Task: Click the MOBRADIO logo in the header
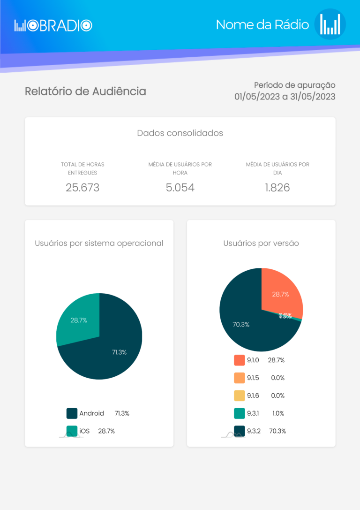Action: [x=53, y=25]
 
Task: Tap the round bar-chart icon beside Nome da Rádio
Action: [x=330, y=24]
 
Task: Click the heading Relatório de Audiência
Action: [x=85, y=91]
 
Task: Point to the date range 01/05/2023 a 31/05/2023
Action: [x=285, y=97]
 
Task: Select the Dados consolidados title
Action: [x=180, y=133]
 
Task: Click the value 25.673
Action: [x=82, y=188]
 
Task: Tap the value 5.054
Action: [x=180, y=188]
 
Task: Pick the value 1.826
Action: [x=277, y=188]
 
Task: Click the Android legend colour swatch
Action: [x=72, y=413]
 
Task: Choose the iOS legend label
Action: [x=84, y=431]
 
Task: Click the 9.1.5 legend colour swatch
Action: [x=240, y=378]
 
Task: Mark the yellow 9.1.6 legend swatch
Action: [x=240, y=396]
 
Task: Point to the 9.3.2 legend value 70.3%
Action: [x=277, y=431]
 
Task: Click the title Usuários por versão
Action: [x=261, y=243]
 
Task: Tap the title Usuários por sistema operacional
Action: [x=99, y=243]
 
